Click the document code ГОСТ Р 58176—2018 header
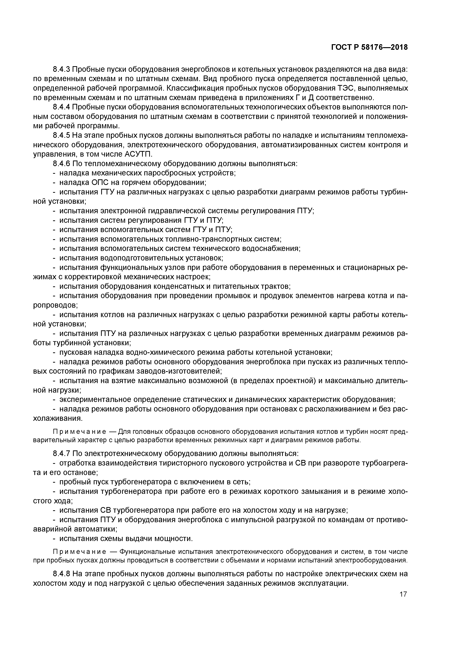click(369, 48)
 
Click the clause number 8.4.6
click(62, 164)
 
